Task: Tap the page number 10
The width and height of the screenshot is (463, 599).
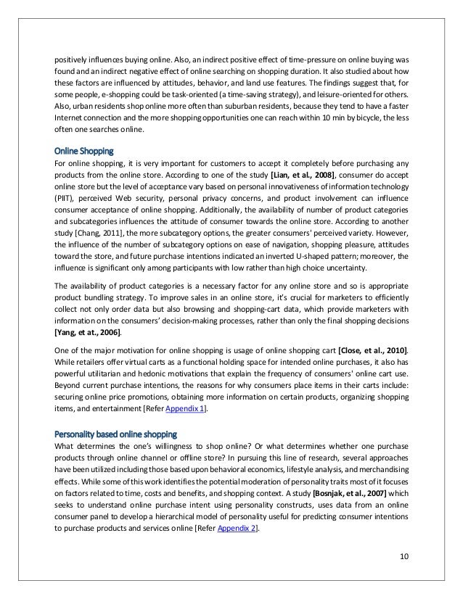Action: (x=404, y=556)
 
